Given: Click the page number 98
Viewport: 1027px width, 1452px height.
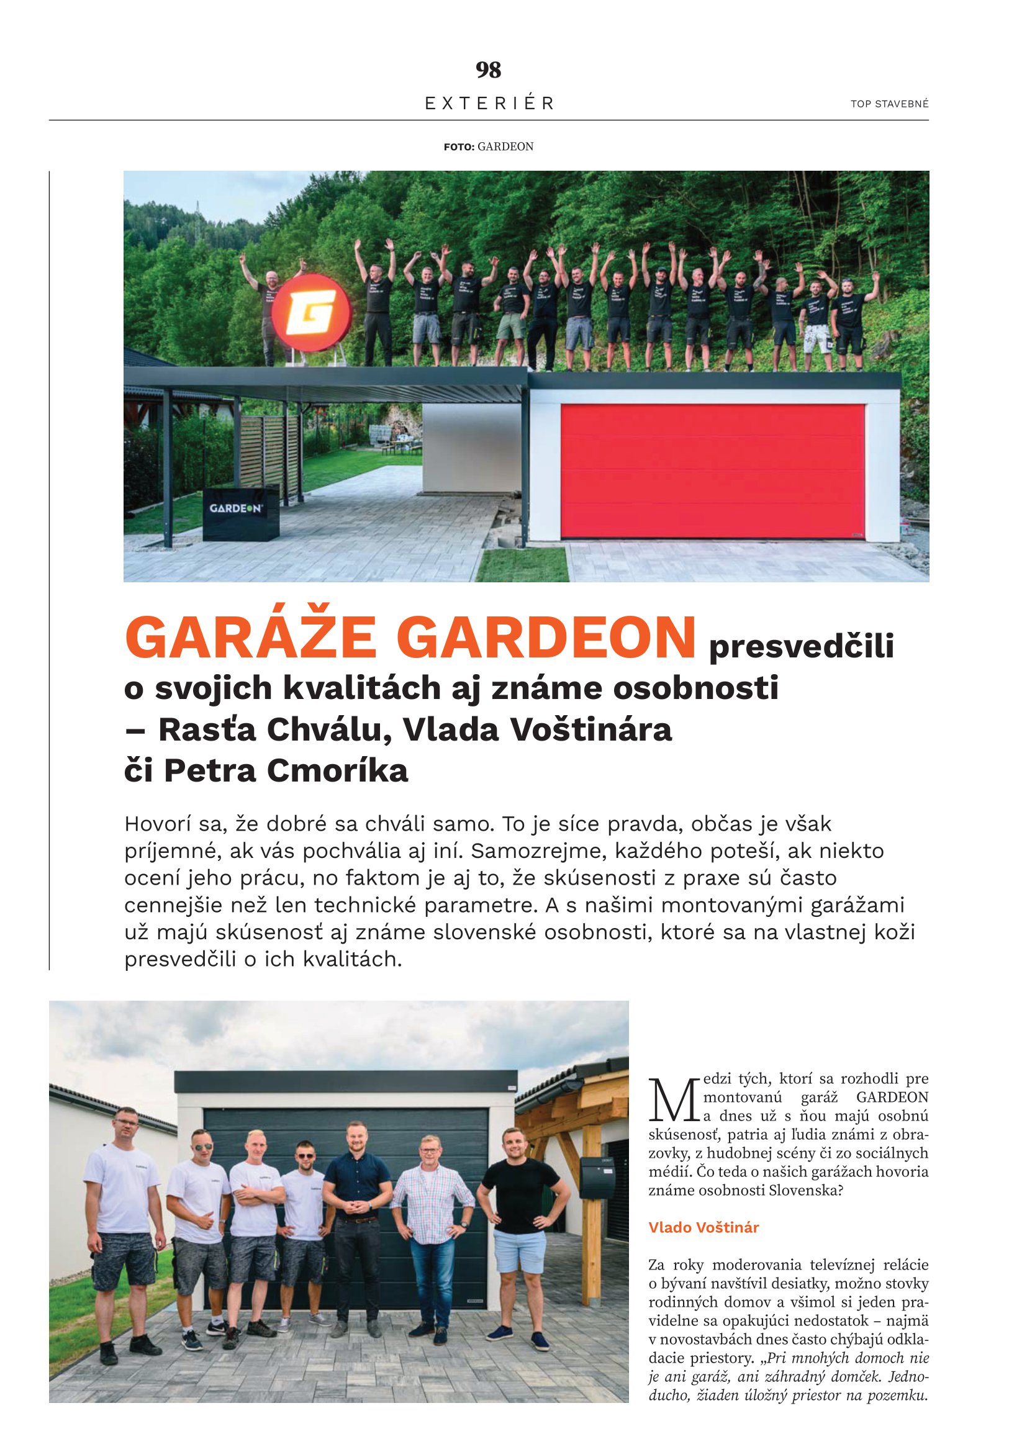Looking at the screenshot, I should coord(488,70).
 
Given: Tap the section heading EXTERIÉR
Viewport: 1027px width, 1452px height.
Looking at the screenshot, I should coord(489,103).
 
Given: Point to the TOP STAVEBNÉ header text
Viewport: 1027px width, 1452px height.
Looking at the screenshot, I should coord(889,104).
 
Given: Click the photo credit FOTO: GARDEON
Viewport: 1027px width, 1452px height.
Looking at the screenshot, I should coord(488,147).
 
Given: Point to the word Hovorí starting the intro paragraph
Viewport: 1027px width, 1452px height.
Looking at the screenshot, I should coord(161,824).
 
